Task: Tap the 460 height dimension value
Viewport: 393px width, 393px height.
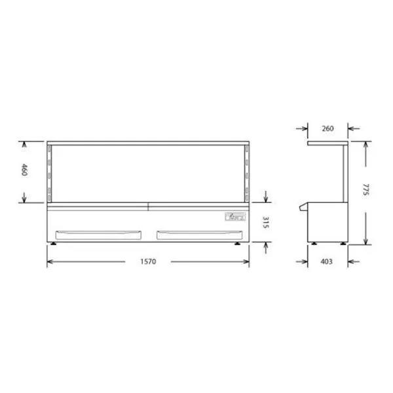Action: (x=26, y=172)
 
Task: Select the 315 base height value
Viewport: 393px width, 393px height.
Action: (x=267, y=223)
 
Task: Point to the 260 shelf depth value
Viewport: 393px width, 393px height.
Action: (x=327, y=128)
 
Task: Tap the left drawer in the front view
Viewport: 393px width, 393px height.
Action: (x=100, y=233)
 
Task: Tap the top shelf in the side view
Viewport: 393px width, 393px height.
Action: (x=327, y=143)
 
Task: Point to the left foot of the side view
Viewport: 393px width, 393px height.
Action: (x=314, y=244)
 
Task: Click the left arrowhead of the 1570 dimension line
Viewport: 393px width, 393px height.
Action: (x=50, y=262)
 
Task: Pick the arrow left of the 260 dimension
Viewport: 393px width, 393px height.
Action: (x=303, y=128)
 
